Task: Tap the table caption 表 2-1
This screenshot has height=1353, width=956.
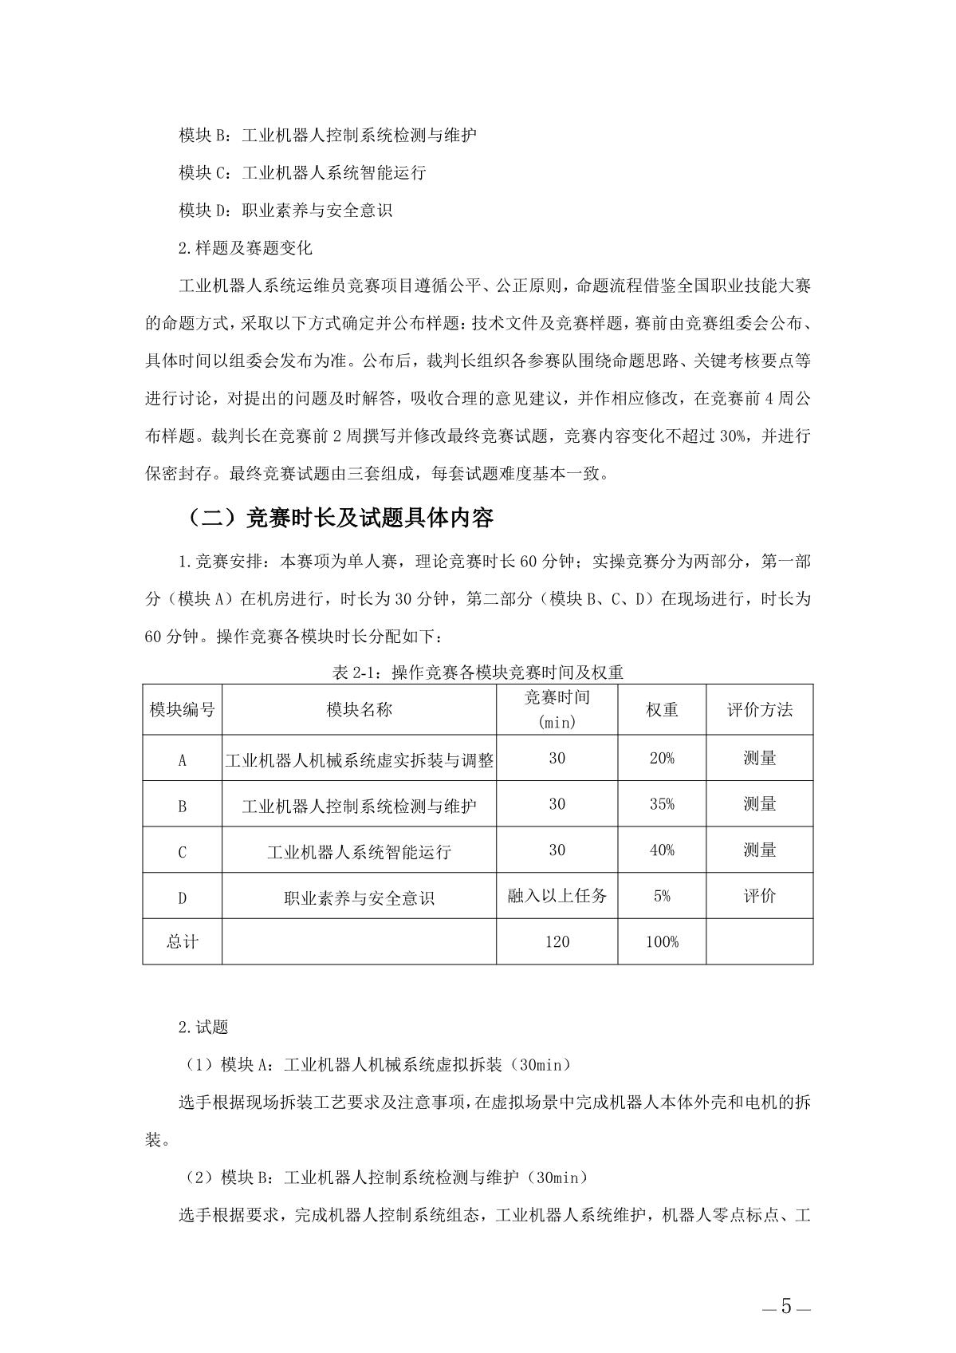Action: (x=478, y=673)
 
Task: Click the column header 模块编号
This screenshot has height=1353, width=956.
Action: (x=183, y=709)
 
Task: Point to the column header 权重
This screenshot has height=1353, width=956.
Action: (x=662, y=709)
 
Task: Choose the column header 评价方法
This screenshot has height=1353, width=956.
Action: (x=759, y=709)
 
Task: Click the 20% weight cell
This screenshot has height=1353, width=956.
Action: (x=662, y=758)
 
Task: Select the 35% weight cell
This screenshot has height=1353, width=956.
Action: (x=662, y=804)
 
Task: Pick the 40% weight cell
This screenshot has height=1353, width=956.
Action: (x=662, y=850)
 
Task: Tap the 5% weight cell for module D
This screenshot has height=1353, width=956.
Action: (x=662, y=896)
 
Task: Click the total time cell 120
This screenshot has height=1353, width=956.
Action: (x=557, y=942)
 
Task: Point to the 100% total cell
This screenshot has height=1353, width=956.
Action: (x=662, y=942)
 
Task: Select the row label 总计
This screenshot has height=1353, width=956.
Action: (x=183, y=942)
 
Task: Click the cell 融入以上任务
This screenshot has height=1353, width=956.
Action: (x=557, y=896)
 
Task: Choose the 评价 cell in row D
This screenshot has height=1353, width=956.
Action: (x=759, y=896)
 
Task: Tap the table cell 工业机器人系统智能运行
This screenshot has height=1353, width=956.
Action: (x=359, y=851)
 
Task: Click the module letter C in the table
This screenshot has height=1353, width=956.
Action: (x=183, y=852)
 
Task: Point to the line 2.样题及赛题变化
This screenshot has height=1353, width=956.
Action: (x=246, y=248)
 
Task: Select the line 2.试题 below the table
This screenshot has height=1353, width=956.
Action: (x=203, y=1028)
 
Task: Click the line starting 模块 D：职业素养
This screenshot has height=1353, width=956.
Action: (x=285, y=211)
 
